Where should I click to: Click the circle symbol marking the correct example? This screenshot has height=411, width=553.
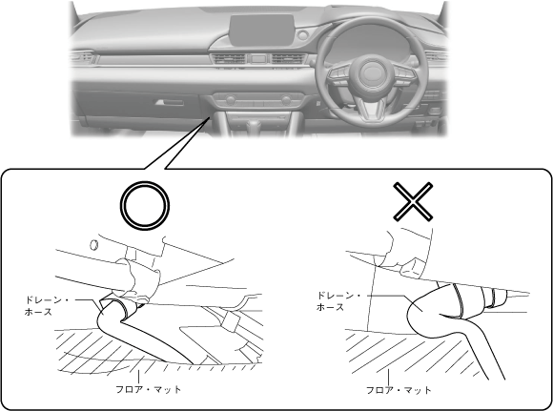(x=145, y=185)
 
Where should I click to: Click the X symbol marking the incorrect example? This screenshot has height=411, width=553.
(x=413, y=202)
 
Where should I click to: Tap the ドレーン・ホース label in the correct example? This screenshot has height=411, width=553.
(x=47, y=306)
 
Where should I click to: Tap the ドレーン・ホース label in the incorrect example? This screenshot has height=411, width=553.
(x=338, y=301)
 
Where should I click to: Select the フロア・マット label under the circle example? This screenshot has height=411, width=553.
(x=149, y=389)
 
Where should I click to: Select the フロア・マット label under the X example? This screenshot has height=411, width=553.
(x=399, y=390)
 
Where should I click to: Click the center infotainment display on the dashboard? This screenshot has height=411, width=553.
(x=261, y=30)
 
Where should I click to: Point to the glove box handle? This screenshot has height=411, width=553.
(x=170, y=102)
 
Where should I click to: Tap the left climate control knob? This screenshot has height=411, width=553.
(x=231, y=100)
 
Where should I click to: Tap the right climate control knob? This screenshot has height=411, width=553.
(x=286, y=100)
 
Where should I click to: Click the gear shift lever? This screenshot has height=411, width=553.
(x=254, y=128)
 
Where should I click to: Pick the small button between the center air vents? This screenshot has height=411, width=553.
(x=258, y=58)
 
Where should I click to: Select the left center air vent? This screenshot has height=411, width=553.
(x=228, y=59)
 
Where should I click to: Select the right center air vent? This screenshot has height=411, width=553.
(x=288, y=59)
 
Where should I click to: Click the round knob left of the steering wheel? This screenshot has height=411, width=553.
(x=302, y=35)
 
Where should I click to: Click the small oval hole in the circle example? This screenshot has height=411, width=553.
(x=93, y=245)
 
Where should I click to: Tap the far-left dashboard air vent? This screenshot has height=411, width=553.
(x=82, y=57)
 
